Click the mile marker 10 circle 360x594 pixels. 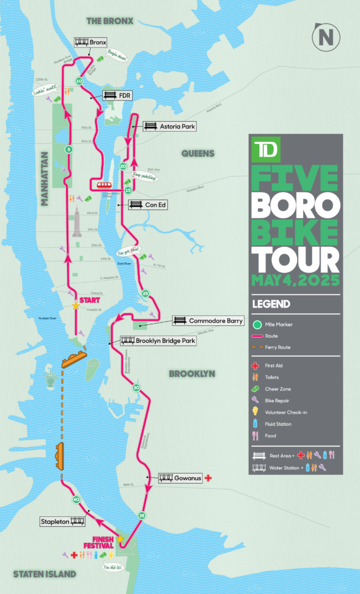[79, 81]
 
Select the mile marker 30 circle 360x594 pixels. [136, 387]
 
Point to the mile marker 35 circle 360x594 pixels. [141, 515]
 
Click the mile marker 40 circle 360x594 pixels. [76, 499]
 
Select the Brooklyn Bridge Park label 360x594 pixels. [157, 341]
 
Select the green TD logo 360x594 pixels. [265, 148]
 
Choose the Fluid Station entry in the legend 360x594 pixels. [275, 424]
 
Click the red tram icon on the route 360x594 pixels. [104, 185]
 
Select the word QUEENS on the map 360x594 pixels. [198, 153]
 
